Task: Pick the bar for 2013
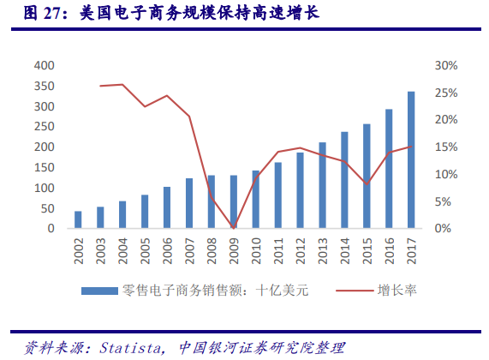pyautogui.click(x=322, y=186)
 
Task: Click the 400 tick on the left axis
pyautogui.click(x=44, y=66)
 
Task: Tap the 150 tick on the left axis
pyautogui.click(x=44, y=168)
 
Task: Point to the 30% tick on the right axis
pyautogui.click(x=447, y=66)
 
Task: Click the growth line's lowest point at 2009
pyautogui.click(x=233, y=228)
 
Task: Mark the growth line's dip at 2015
pyautogui.click(x=367, y=184)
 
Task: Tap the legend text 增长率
pyautogui.click(x=398, y=291)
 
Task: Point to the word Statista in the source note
pyautogui.click(x=130, y=347)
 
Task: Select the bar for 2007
pyautogui.click(x=189, y=204)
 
